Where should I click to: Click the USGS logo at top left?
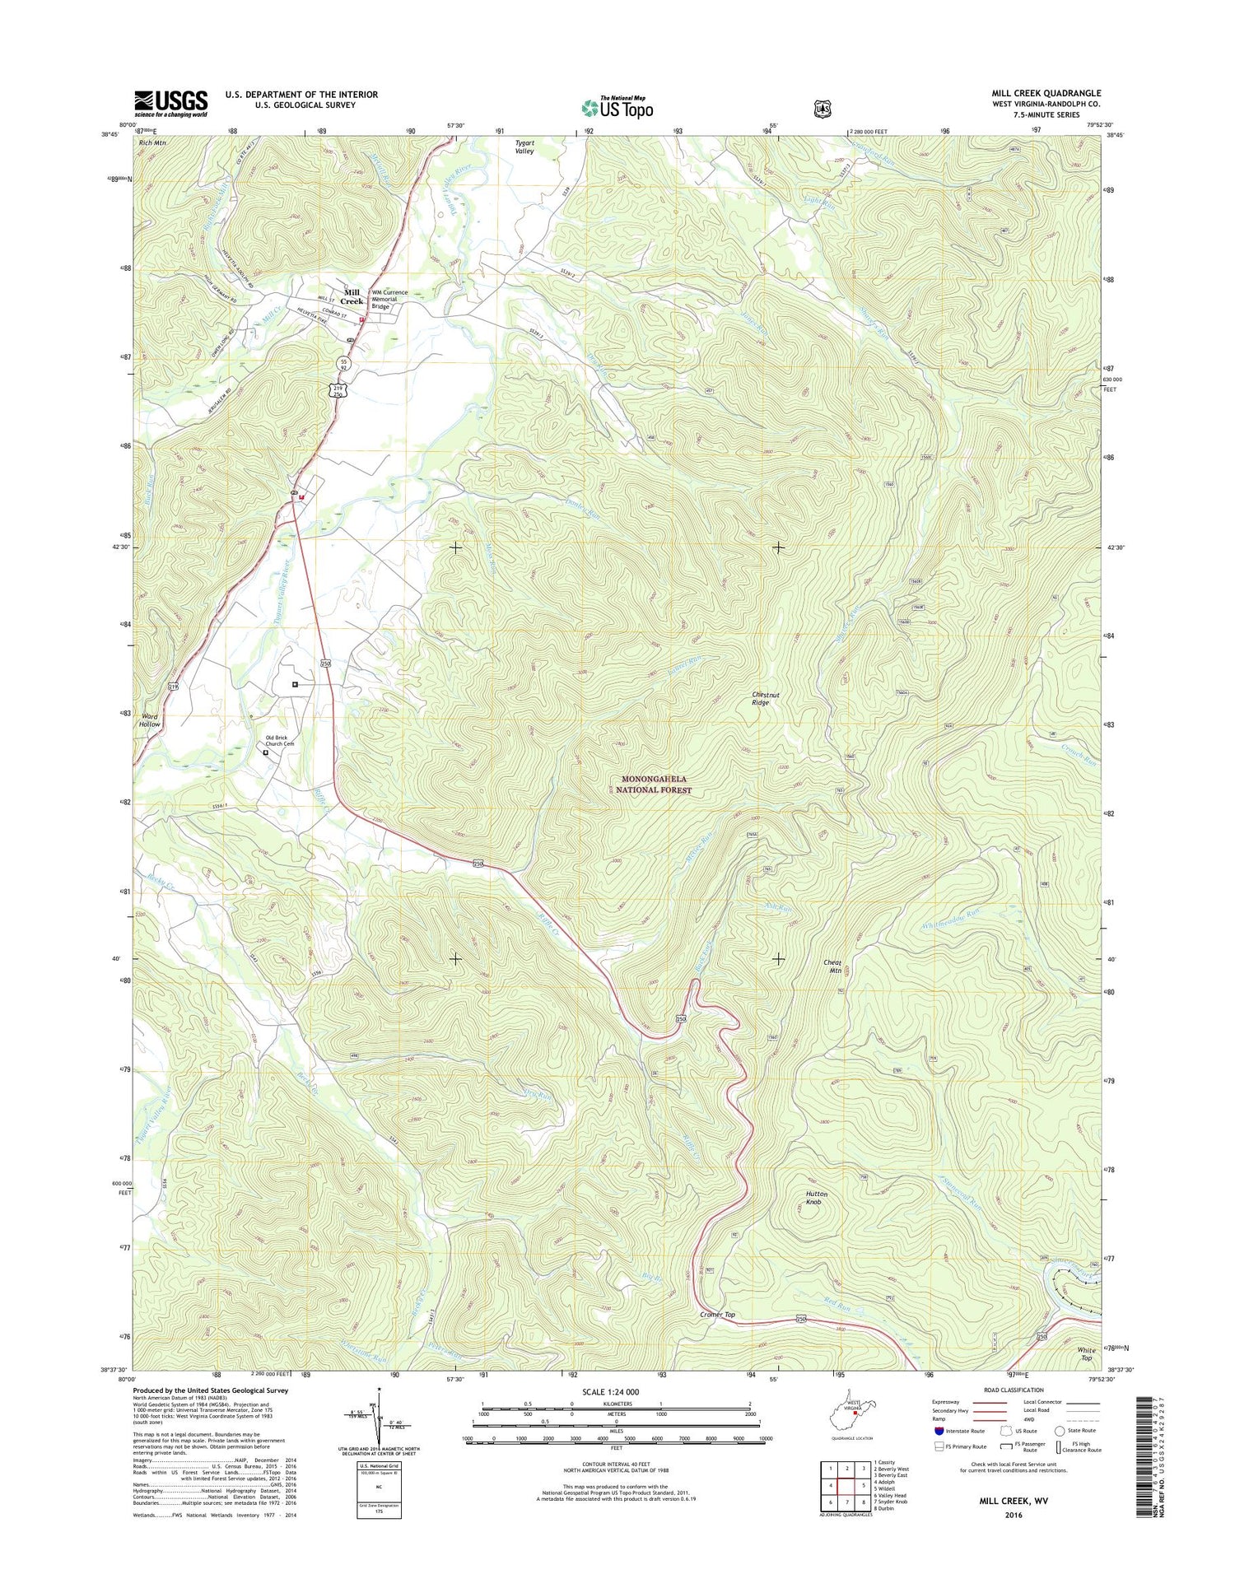[170, 103]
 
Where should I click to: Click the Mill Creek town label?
[352, 296]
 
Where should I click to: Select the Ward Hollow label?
[149, 720]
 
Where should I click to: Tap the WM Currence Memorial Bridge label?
[389, 299]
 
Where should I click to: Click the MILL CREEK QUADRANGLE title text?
[1046, 93]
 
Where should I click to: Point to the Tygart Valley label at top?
[524, 147]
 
